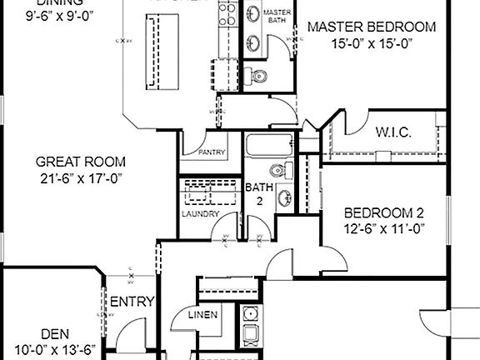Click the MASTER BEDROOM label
tap(371, 27)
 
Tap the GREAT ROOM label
tap(81, 162)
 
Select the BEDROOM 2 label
tap(384, 212)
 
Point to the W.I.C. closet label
tap(390, 132)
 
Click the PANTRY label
tap(211, 152)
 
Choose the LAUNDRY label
tap(200, 214)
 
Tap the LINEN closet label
tap(203, 315)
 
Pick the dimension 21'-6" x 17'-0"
tap(81, 177)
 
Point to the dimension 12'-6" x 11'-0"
tap(384, 227)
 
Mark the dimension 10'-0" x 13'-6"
tap(55, 349)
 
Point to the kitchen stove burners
tap(225, 12)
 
